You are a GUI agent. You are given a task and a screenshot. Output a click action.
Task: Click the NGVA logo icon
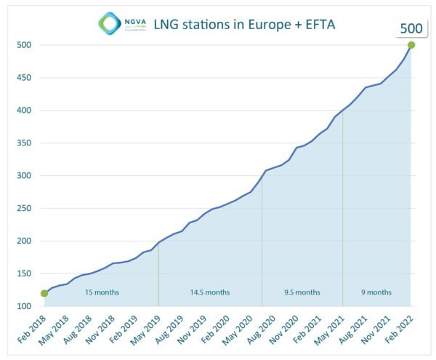point(110,23)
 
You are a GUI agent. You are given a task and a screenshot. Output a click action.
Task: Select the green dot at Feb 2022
point(411,45)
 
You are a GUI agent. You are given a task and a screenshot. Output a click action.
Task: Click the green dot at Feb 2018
point(44,294)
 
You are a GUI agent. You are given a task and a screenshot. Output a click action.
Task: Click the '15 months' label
point(102,292)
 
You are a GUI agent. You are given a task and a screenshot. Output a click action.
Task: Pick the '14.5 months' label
point(210,292)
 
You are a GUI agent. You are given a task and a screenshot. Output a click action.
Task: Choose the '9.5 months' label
point(302,292)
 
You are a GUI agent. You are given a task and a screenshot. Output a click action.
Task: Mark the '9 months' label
point(376,292)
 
